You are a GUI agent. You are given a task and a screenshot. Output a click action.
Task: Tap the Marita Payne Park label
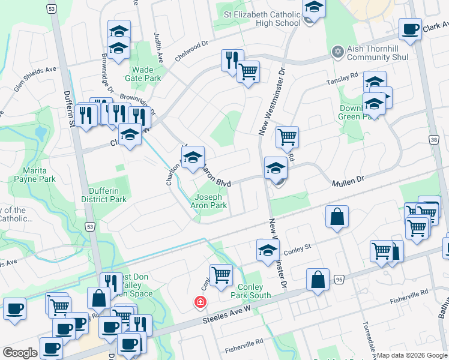[x=38, y=175]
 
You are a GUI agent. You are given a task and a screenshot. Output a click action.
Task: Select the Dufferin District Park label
[x=104, y=195]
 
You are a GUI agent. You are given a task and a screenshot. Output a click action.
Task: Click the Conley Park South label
[x=250, y=291]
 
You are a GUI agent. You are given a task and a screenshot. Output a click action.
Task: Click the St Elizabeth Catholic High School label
[x=262, y=19]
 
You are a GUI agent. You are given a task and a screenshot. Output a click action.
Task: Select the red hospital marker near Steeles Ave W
[x=199, y=302]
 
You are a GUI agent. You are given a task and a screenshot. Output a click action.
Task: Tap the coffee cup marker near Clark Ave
[x=410, y=30]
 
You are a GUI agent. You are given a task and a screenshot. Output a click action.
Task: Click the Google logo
[x=20, y=353]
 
